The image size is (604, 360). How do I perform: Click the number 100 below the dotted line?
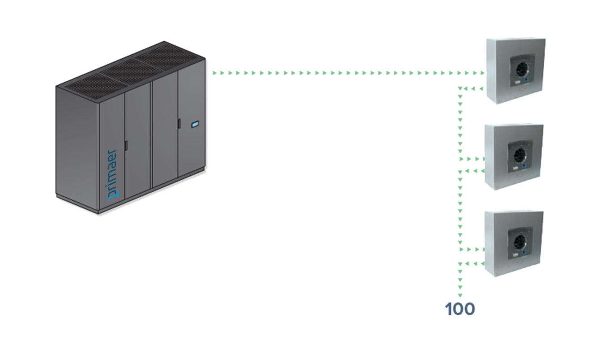pos(460,309)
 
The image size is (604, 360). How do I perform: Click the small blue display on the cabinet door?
pos(195,124)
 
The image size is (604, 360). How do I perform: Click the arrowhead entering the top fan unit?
pos(481,73)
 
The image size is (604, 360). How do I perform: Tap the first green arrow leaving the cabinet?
pos(215,72)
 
